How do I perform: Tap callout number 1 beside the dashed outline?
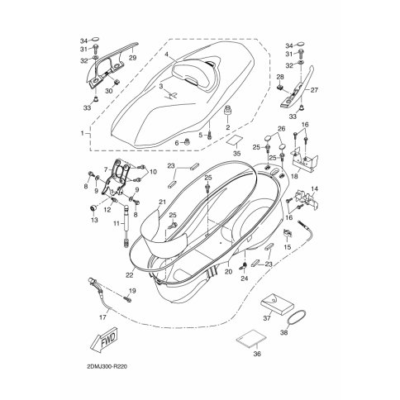(x=82, y=133)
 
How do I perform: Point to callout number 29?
(x=133, y=58)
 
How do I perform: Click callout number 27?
(x=314, y=90)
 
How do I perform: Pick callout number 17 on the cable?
(x=102, y=317)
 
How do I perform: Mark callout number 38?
(x=283, y=333)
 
